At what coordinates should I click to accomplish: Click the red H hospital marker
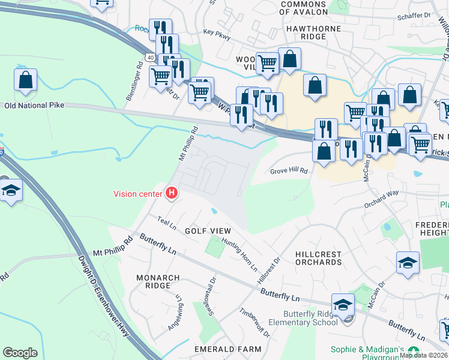pos(172,193)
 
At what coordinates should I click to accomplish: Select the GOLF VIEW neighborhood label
pos(207,231)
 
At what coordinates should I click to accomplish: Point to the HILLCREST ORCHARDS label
pos(318,258)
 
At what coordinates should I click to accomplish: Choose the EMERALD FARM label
pos(228,349)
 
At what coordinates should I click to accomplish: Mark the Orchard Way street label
pos(381,200)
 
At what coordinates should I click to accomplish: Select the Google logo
pos(20,352)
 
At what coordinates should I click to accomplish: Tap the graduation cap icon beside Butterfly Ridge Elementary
pos(343,304)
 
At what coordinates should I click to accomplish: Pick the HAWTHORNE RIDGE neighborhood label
pos(313,32)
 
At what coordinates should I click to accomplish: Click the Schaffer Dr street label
pos(414,16)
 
